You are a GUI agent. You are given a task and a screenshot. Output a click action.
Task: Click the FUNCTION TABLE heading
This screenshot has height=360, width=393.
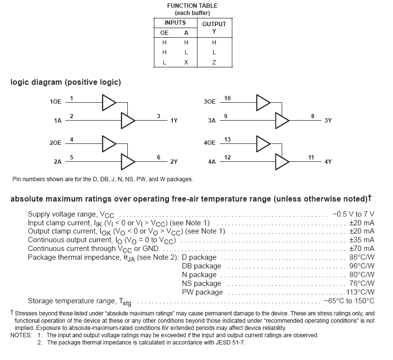coord(189,5)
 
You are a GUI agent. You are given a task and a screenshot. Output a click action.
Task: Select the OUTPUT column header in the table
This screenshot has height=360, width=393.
coord(214,24)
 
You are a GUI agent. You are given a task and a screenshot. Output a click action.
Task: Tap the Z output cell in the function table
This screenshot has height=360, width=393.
coord(214,62)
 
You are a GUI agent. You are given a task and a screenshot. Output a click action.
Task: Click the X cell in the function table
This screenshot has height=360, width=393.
coord(186,62)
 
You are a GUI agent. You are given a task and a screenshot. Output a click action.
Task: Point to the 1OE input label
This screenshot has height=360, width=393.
coord(56,102)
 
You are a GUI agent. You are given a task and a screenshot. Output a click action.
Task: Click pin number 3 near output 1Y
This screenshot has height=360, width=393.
coord(158,116)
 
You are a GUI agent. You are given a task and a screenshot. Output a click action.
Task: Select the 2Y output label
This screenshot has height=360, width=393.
coord(174,161)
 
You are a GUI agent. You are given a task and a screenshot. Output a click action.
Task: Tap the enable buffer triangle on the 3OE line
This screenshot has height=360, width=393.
coord(263,102)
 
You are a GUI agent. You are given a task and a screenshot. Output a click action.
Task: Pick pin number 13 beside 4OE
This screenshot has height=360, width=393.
coord(227,140)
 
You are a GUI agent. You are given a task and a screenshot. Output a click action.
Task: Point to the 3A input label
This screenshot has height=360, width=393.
coord(212,121)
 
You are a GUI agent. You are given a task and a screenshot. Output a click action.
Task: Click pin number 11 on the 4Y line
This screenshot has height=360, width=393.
coord(311,157)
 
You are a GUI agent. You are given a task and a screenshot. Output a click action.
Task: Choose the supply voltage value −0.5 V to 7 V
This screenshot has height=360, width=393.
coord(353,214)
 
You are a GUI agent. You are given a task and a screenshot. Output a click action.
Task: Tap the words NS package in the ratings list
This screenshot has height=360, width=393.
coord(201,283)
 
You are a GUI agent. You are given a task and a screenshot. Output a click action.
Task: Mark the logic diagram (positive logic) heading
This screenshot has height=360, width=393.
coord(65,82)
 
